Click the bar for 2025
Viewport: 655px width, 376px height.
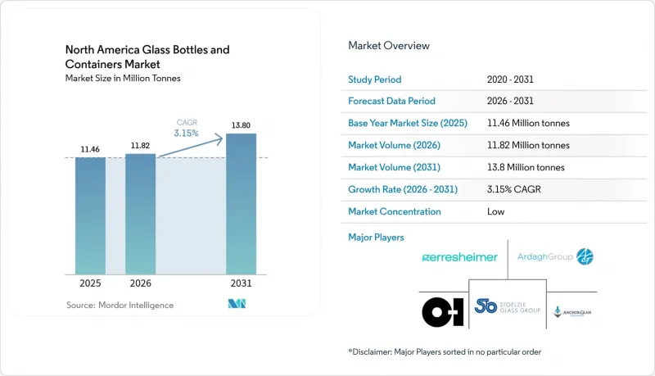click(x=90, y=216)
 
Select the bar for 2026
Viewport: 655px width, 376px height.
click(x=140, y=214)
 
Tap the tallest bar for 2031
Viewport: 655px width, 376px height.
click(x=241, y=204)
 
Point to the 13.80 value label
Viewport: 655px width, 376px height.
click(x=241, y=125)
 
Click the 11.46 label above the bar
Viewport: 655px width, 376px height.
click(x=90, y=149)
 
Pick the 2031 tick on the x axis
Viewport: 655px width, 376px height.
click(x=241, y=283)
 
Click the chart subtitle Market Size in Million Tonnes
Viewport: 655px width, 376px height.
click(x=123, y=78)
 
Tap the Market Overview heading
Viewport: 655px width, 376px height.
click(x=389, y=46)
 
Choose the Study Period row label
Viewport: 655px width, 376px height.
click(x=375, y=79)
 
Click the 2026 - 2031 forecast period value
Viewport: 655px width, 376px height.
click(x=510, y=101)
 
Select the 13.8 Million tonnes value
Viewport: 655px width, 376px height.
click(x=526, y=167)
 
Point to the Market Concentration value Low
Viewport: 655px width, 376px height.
click(x=496, y=211)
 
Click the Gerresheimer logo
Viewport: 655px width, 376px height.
click(x=459, y=257)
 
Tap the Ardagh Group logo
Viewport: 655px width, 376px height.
click(x=555, y=256)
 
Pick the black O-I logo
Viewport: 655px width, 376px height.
click(x=443, y=311)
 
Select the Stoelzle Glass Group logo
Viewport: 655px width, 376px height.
click(x=508, y=307)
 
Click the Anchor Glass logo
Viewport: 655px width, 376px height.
click(x=571, y=311)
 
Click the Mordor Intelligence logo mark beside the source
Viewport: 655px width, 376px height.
click(x=237, y=304)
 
